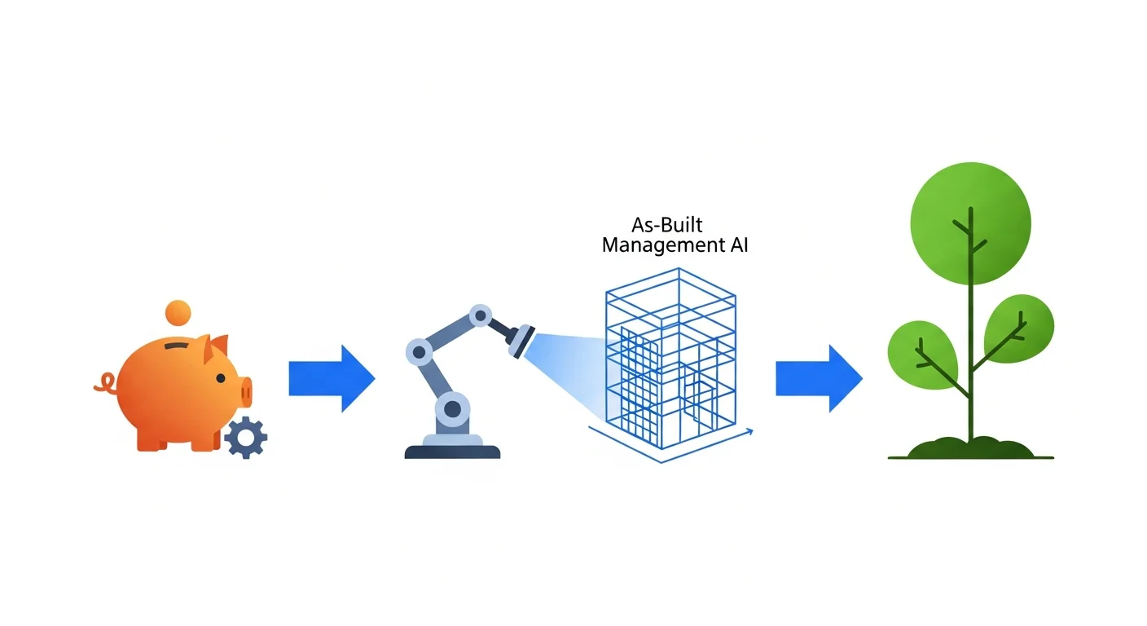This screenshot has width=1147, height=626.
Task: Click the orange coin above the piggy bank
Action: click(x=177, y=312)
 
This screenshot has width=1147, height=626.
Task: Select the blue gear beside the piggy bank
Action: click(x=244, y=437)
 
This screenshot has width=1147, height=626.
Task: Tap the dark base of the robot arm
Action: click(x=453, y=450)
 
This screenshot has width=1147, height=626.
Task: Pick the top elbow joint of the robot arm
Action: click(x=481, y=315)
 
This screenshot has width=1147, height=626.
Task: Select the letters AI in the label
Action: click(x=736, y=245)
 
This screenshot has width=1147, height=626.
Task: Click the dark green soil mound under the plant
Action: click(x=969, y=449)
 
